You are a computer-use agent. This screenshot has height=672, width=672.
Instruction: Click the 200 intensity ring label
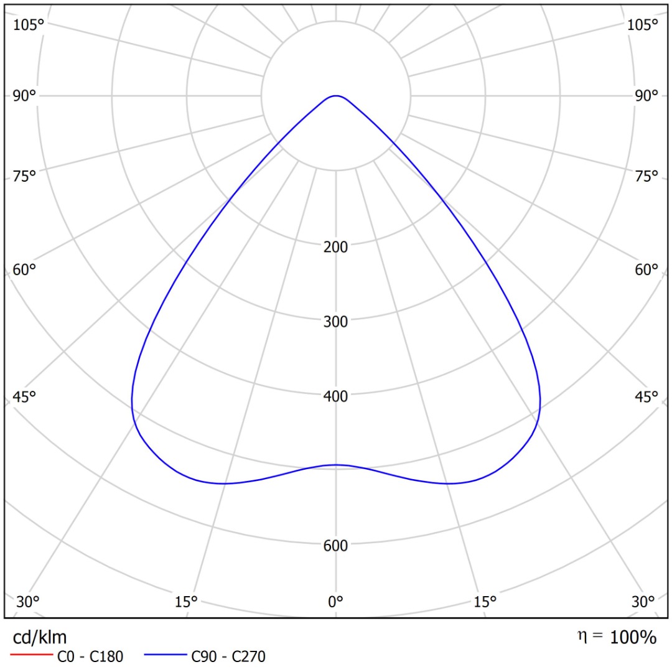pyautogui.click(x=335, y=247)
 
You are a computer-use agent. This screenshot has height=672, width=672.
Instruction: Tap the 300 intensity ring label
pyautogui.click(x=335, y=322)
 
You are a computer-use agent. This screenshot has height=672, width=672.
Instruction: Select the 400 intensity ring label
pyautogui.click(x=335, y=396)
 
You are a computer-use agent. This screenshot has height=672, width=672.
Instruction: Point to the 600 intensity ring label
pyautogui.click(x=335, y=546)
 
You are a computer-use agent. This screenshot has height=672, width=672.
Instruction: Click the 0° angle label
pyautogui.click(x=335, y=602)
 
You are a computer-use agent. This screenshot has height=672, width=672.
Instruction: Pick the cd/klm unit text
pyautogui.click(x=40, y=638)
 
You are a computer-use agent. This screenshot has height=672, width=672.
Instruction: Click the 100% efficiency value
pyautogui.click(x=633, y=637)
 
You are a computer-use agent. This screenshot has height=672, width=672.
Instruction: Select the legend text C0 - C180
pyautogui.click(x=90, y=656)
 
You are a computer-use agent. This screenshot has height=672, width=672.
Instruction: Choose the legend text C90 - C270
pyautogui.click(x=228, y=656)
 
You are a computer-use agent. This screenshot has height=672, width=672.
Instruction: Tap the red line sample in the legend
pyautogui.click(x=31, y=655)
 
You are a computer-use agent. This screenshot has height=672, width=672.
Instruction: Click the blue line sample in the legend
pyautogui.click(x=166, y=655)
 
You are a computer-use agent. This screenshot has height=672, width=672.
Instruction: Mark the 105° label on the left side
pyautogui.click(x=28, y=25)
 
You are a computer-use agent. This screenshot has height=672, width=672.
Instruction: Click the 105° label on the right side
pyautogui.click(x=642, y=25)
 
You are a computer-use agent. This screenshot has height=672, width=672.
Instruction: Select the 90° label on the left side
pyautogui.click(x=24, y=96)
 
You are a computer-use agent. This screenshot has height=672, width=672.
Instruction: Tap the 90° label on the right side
pyautogui.click(x=646, y=96)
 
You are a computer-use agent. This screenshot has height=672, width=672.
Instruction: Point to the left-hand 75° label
pyautogui.click(x=24, y=176)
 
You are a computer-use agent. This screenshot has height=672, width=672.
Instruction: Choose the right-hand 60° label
pyautogui.click(x=646, y=269)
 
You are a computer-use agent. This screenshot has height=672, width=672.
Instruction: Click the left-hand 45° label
pyautogui.click(x=24, y=397)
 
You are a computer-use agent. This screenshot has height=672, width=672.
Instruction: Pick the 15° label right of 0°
pyautogui.click(x=485, y=602)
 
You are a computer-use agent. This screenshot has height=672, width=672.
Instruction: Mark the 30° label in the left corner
pyautogui.click(x=28, y=602)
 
